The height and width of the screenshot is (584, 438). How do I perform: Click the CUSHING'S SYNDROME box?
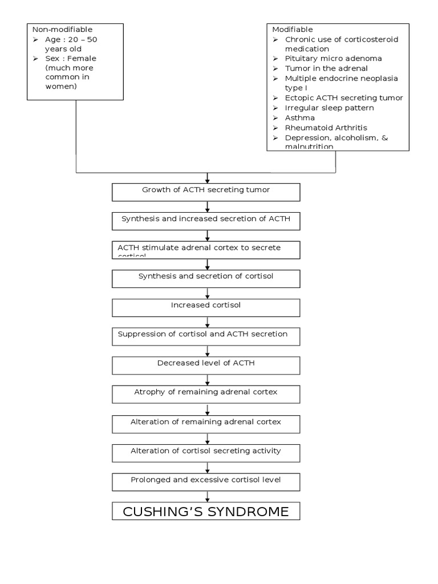(206, 511)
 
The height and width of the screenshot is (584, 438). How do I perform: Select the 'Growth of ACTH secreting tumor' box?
(206, 192)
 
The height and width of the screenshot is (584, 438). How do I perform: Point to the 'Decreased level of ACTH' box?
(206, 366)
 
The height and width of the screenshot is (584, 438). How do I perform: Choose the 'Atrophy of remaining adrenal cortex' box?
(206, 394)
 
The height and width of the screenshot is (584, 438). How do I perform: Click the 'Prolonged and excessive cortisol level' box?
(206, 482)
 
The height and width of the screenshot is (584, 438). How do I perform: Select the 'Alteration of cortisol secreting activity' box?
(206, 453)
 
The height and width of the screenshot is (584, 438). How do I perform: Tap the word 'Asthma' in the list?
(299, 117)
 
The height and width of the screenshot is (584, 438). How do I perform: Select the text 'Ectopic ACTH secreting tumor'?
(344, 98)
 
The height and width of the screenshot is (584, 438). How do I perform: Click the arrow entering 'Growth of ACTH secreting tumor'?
(207, 179)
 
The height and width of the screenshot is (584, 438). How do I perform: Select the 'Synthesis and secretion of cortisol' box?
(206, 278)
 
